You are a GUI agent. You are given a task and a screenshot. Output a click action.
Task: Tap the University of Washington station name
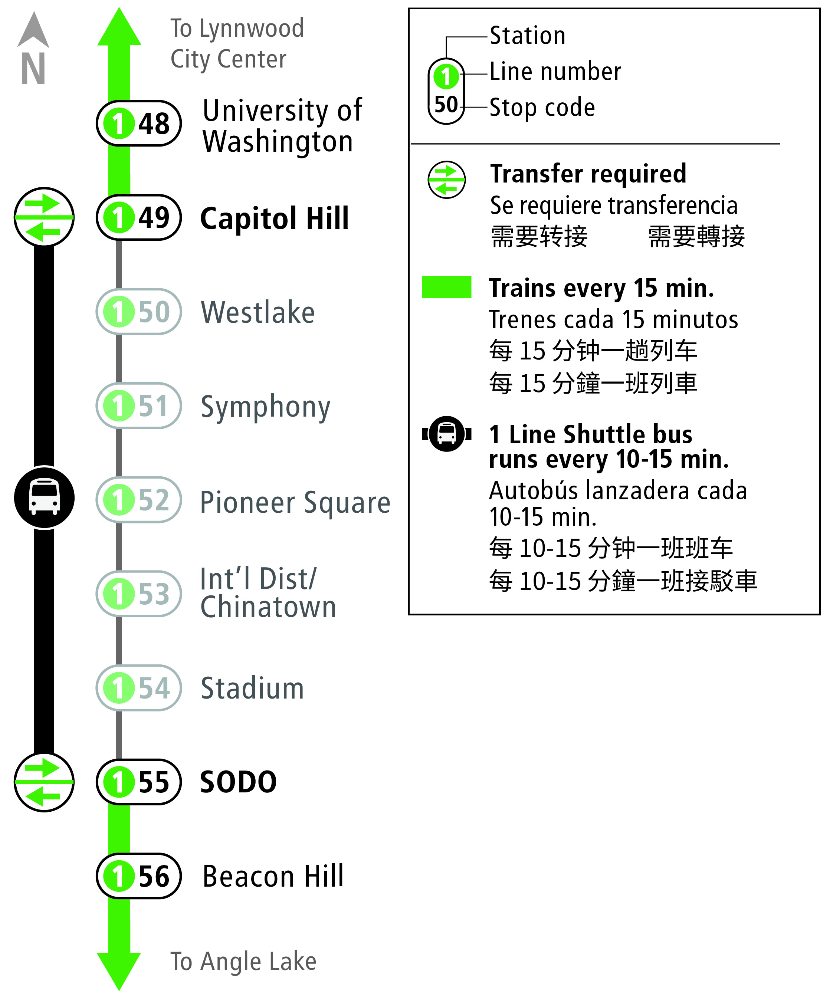click(282, 126)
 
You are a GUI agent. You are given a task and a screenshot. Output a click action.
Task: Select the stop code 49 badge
click(138, 218)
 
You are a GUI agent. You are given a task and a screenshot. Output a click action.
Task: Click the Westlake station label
click(258, 312)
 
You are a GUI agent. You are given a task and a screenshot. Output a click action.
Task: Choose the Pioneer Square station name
click(295, 502)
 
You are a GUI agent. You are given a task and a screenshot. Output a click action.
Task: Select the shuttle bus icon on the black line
click(44, 497)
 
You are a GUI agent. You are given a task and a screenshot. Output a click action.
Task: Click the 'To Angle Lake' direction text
click(243, 962)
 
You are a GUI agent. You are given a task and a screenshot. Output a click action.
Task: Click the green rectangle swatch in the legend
click(446, 287)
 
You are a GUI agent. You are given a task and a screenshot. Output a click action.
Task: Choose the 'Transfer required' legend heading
click(588, 174)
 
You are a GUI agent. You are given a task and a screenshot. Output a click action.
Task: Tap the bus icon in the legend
click(447, 434)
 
